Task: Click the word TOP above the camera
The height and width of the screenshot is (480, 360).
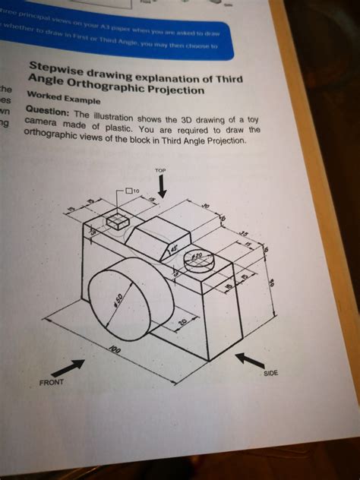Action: point(159,171)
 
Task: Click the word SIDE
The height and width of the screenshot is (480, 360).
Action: point(271,374)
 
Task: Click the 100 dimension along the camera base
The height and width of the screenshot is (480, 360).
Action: point(115,351)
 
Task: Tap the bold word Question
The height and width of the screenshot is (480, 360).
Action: point(48,110)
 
